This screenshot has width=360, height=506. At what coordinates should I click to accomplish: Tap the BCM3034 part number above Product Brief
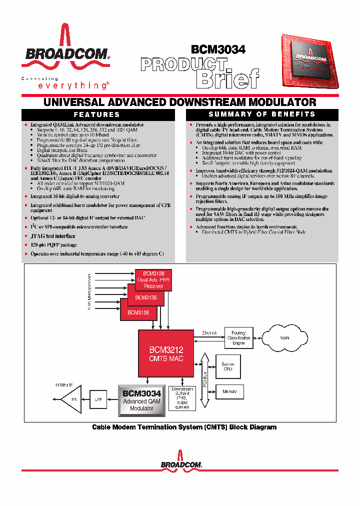218,49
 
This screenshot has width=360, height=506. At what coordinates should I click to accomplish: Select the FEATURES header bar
97,114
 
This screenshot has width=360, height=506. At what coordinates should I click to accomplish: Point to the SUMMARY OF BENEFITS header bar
262,114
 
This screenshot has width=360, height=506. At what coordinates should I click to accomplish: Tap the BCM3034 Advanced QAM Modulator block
142,400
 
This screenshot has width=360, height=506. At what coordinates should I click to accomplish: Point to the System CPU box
228,366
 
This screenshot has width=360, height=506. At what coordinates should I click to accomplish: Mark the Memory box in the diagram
229,391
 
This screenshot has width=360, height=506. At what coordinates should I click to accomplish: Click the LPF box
98,399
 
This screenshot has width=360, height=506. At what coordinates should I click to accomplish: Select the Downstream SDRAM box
182,397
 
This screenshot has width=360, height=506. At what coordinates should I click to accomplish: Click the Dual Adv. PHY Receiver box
153,280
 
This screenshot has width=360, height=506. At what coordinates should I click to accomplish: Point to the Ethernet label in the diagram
209,332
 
